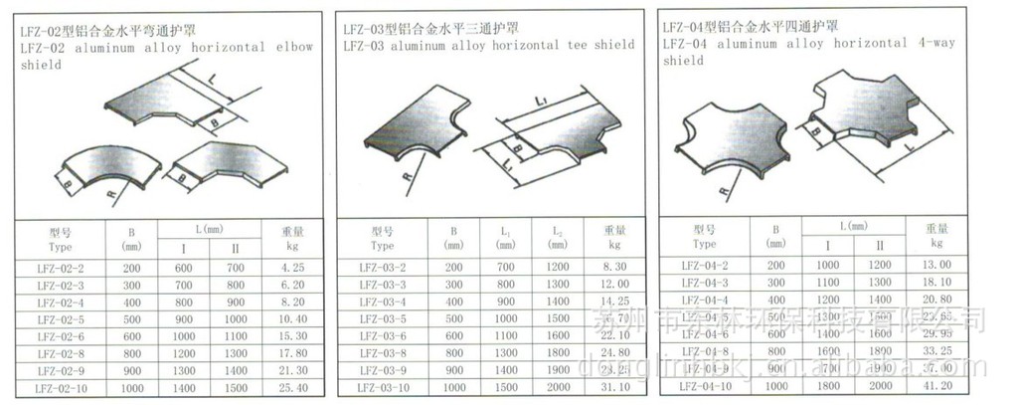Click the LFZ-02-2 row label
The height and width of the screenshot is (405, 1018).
click(60, 268)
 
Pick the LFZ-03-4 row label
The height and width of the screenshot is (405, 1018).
click(382, 302)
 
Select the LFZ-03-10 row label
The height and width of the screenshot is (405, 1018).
click(382, 386)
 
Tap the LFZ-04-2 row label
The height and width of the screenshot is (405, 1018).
click(705, 265)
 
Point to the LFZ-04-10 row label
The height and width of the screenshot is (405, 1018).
click(705, 383)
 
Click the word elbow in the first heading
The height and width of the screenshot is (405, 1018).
click(295, 47)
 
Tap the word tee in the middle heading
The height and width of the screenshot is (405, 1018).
click(574, 45)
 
